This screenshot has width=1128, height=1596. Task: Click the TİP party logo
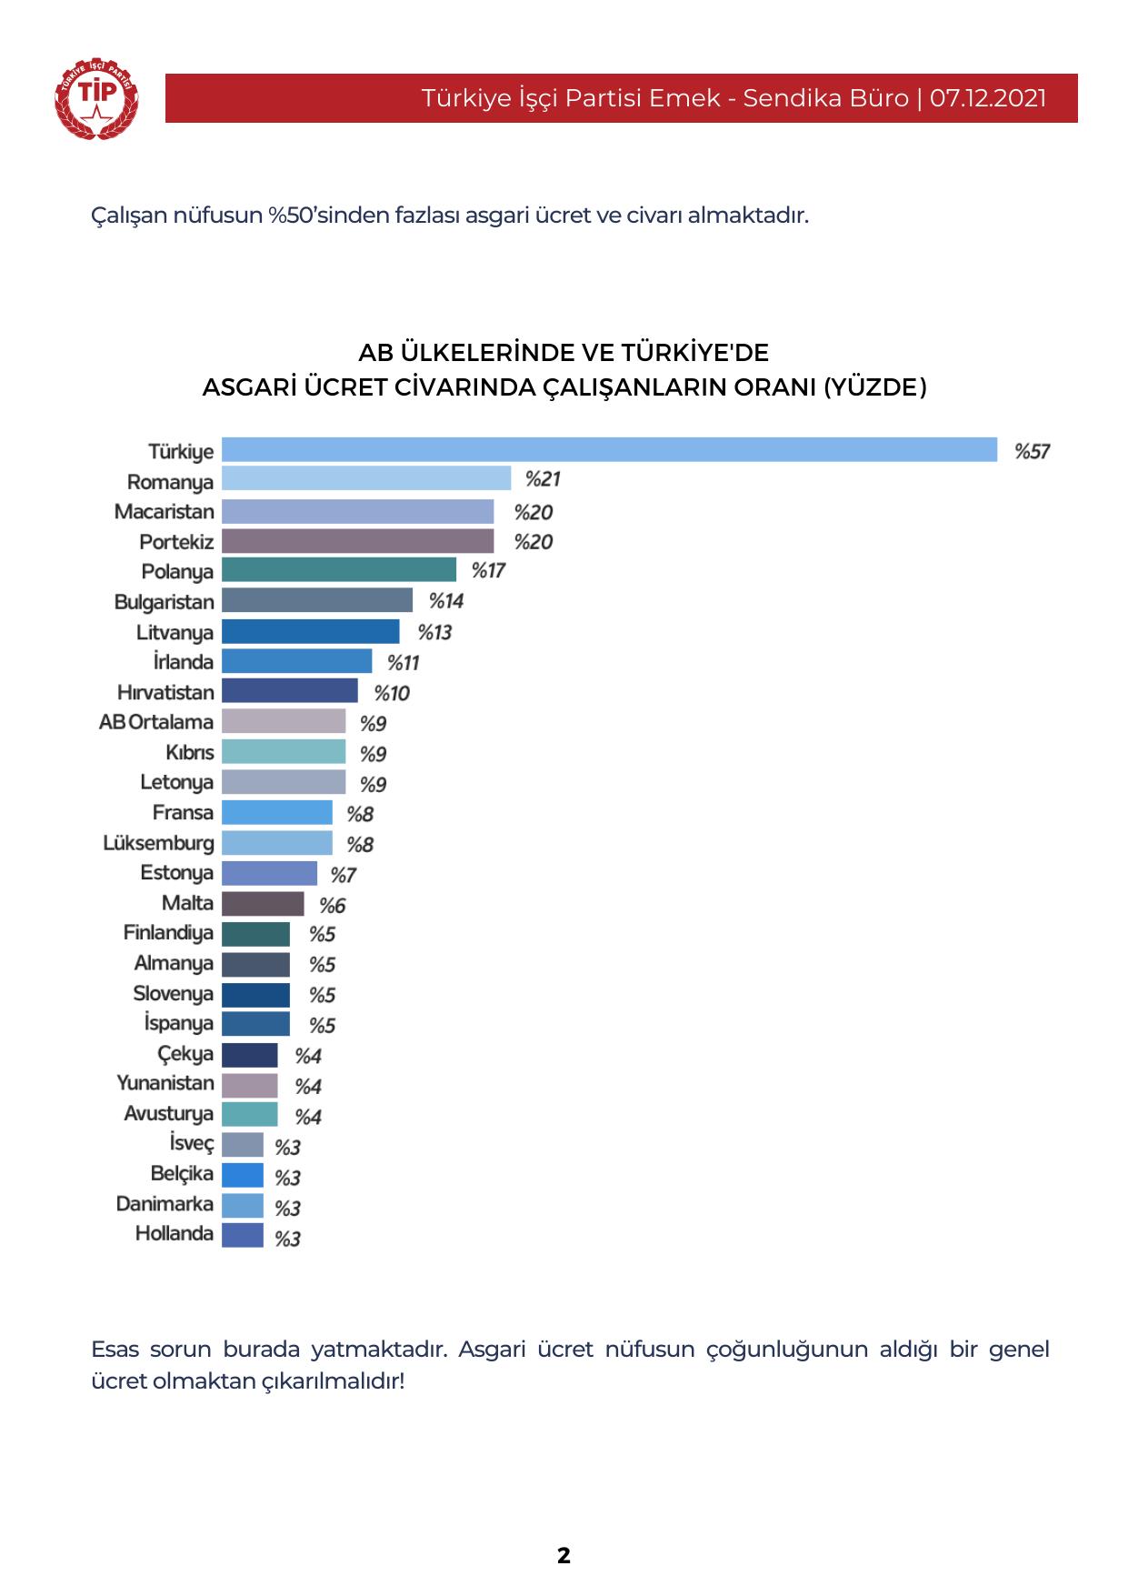96,98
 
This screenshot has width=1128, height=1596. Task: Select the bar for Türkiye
609,450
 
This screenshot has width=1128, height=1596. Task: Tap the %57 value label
1032,451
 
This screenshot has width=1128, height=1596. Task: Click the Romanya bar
366,479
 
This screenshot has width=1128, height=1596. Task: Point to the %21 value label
543,479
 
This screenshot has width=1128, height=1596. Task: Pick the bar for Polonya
339,570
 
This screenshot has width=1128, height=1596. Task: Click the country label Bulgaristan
165,602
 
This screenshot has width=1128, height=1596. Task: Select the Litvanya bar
310,631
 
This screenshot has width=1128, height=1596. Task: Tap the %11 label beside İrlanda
403,663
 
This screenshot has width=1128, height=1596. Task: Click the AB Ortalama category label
156,722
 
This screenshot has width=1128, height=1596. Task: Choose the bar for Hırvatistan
289,691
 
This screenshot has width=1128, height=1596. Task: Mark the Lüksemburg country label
159,843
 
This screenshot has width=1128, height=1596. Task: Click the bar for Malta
263,903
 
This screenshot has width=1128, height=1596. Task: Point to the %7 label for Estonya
343,875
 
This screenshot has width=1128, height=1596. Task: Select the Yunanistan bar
250,1084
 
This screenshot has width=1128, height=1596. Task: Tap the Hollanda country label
175,1234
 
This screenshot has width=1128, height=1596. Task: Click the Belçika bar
243,1175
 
